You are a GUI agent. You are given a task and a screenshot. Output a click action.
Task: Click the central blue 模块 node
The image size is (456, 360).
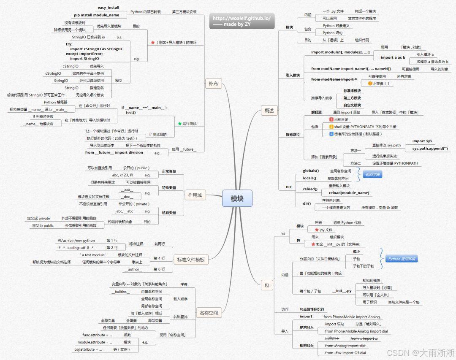(237, 198)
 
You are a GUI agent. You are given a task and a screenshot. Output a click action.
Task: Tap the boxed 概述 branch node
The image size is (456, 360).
(269, 111)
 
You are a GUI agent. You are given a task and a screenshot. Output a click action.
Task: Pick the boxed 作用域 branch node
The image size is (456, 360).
(194, 195)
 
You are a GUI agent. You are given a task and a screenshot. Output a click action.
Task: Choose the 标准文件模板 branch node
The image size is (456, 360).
(190, 260)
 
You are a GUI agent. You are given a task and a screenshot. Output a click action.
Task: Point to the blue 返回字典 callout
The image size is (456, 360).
(372, 175)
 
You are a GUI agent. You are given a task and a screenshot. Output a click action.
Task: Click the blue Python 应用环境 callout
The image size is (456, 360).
(402, 259)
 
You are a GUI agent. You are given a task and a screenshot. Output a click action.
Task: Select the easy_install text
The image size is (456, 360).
(109, 8)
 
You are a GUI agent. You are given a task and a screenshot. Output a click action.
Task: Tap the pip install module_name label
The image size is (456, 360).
(97, 15)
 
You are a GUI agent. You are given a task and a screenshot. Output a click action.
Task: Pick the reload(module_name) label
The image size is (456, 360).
(349, 193)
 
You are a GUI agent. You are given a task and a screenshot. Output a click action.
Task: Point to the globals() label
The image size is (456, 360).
(311, 171)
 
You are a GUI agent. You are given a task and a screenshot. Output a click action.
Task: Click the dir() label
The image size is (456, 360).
(307, 203)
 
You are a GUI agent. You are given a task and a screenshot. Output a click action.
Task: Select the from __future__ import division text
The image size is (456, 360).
(114, 153)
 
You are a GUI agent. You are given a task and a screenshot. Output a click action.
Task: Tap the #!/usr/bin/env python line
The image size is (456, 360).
(76, 241)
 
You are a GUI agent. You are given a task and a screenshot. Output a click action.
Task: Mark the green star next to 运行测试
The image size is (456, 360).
(179, 124)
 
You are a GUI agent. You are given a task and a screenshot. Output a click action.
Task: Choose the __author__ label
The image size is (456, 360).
(133, 269)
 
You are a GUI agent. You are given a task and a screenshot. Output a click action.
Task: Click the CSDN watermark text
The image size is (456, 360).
(421, 352)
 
